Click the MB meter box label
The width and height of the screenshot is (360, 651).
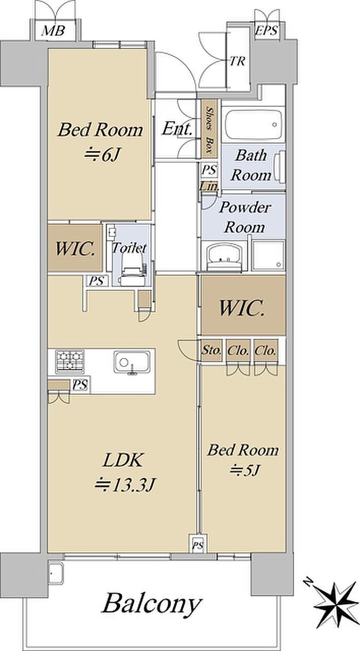coord(53,30)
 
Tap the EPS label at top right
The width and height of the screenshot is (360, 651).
coord(266,30)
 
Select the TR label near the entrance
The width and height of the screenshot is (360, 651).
coord(238,61)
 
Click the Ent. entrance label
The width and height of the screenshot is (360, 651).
coord(177,129)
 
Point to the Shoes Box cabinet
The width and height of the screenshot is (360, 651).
coord(209,129)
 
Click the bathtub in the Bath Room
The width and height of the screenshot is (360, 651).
coord(253,125)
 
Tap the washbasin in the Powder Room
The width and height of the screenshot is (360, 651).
coord(224,257)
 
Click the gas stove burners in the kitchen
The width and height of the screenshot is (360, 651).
coord(70,362)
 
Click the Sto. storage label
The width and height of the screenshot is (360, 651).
coord(212,350)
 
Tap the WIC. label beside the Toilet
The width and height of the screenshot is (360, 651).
coord(75,249)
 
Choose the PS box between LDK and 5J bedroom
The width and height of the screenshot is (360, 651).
coord(198,543)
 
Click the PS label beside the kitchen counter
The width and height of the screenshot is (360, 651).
coord(80,385)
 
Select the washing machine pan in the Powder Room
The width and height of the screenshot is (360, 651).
coord(268,255)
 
